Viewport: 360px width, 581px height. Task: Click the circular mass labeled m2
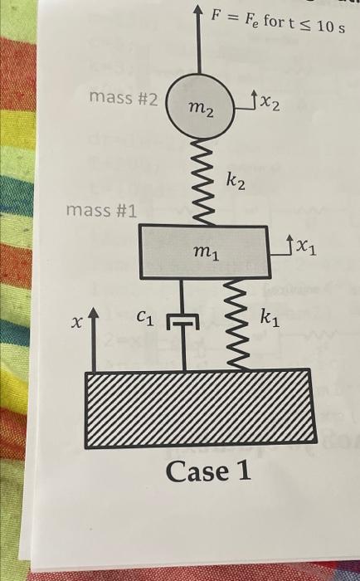point(200,106)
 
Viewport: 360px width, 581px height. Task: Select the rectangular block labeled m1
point(204,251)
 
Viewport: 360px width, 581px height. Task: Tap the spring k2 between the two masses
point(202,182)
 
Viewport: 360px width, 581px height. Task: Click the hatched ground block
point(201,408)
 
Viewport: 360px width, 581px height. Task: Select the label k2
point(236,182)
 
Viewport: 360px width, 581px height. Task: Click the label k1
point(270,319)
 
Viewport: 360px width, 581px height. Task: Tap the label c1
point(145,318)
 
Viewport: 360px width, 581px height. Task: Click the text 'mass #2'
point(124,98)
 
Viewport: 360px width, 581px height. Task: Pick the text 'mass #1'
point(101,211)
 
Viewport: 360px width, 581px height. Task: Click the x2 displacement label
point(270,103)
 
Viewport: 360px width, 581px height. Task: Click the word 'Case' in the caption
point(197,471)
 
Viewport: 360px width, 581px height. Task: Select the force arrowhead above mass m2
point(198,12)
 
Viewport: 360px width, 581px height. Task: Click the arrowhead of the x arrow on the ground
point(94,314)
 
